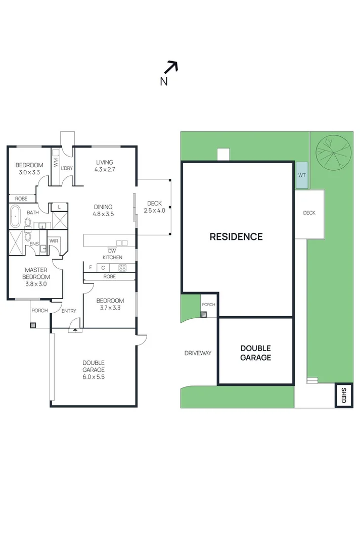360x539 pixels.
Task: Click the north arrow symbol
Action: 171,67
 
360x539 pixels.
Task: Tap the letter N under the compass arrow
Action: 164,82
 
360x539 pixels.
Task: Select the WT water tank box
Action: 302,175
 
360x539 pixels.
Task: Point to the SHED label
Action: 343,396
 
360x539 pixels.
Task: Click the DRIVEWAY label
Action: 198,353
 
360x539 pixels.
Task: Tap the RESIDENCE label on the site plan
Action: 236,236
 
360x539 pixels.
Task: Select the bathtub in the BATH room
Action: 16,216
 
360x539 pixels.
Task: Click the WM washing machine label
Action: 56,162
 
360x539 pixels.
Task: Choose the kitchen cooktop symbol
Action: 122,267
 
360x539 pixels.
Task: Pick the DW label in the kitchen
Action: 112,251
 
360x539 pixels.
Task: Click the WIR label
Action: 54,241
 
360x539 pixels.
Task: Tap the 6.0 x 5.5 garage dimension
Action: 94,377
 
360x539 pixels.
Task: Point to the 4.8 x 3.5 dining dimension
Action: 103,214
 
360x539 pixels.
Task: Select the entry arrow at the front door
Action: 75,330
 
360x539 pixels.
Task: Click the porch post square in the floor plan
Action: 33,325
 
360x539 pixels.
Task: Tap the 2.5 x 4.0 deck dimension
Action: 155,210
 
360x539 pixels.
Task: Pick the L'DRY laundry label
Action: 67,168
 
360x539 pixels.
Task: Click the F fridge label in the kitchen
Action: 91,267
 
